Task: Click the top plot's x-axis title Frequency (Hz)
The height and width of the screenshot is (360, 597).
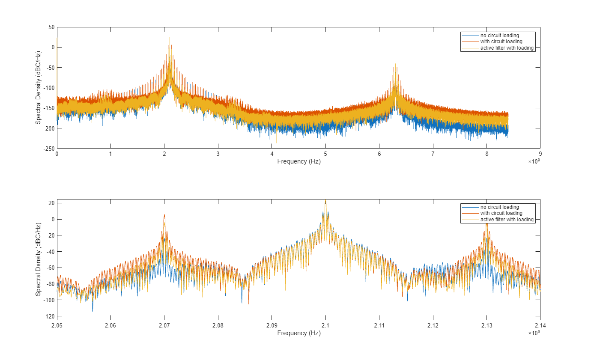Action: click(x=298, y=162)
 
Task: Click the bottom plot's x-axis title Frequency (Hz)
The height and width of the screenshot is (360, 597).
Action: click(x=298, y=333)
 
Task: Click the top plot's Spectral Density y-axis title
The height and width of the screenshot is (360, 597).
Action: click(x=38, y=88)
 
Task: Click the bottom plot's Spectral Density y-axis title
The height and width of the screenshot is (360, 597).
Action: click(x=38, y=259)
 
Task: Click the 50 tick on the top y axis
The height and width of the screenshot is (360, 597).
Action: click(x=51, y=27)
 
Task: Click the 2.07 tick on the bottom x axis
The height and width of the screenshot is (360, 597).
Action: click(x=164, y=325)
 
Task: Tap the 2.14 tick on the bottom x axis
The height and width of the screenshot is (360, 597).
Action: click(x=540, y=325)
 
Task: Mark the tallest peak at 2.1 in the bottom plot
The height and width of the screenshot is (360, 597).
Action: click(x=325, y=200)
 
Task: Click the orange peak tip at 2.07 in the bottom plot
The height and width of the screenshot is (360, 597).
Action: click(x=164, y=215)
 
